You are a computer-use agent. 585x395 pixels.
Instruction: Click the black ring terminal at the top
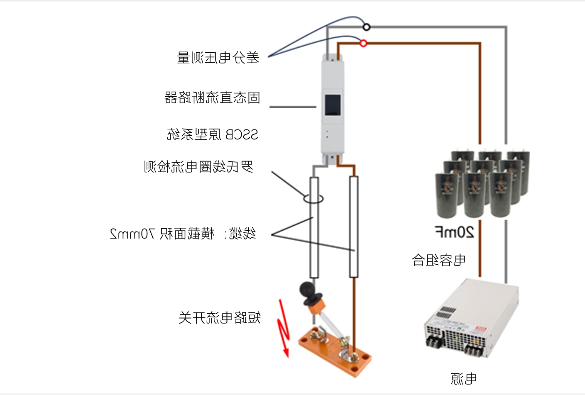366,27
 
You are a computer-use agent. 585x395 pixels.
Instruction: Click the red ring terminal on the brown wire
363,43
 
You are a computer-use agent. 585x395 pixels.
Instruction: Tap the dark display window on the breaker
333,105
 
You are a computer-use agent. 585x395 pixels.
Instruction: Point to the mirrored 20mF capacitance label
454,232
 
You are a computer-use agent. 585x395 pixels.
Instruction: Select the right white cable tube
353,227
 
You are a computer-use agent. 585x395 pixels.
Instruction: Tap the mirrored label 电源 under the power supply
464,378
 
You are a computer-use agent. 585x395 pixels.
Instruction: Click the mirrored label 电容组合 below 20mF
438,260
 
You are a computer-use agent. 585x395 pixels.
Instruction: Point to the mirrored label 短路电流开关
220,318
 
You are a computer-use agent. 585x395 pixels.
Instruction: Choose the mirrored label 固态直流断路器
212,98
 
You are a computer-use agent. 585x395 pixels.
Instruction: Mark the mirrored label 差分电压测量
218,58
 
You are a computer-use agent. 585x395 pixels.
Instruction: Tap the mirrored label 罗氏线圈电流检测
198,167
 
